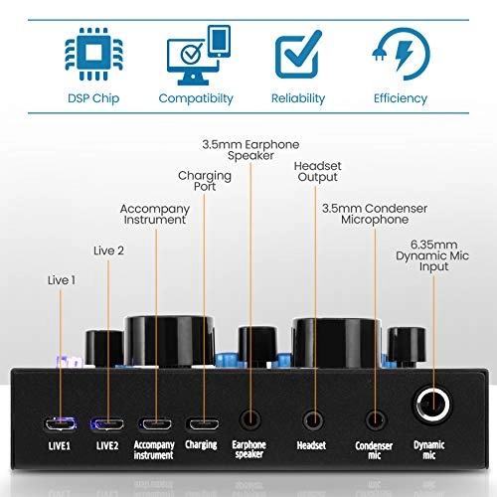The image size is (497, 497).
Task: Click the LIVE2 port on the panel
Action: point(107,400)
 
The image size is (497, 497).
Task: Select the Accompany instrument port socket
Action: point(155,400)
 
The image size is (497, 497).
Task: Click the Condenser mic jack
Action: point(375,400)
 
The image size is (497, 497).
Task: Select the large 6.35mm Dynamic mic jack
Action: point(432,400)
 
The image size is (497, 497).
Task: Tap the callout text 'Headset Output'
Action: point(316,171)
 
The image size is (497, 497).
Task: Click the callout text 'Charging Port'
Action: point(205,182)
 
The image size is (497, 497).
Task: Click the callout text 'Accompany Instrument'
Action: point(154,215)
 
